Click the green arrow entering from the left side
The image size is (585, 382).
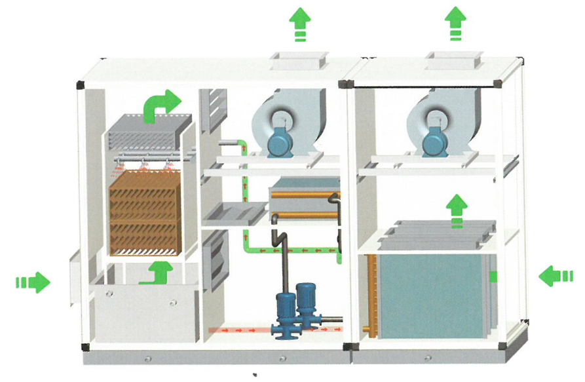point(33,282)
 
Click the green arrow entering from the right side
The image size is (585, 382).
point(556,277)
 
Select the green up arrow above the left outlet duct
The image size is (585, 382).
point(300,24)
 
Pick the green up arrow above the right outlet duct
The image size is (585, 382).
point(455,24)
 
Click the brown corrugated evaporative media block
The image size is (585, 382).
point(144,213)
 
